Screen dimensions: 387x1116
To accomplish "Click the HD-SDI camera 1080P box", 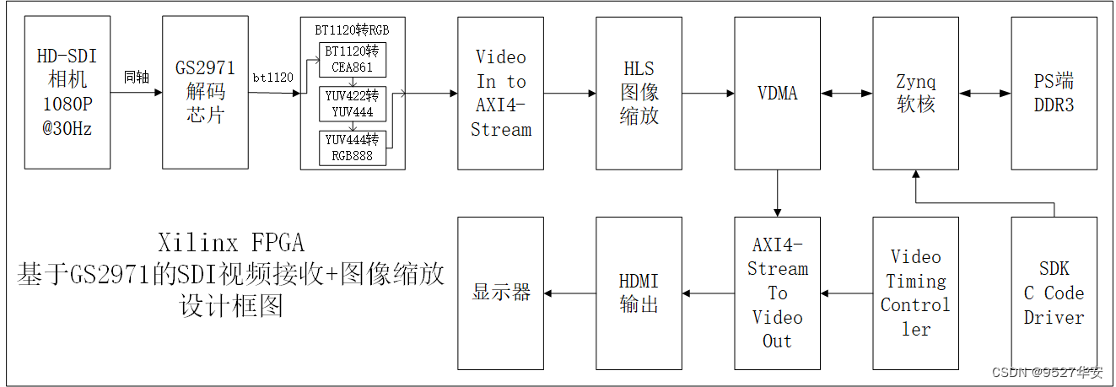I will click(67, 93).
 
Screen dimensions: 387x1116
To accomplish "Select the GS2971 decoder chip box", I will click(205, 93).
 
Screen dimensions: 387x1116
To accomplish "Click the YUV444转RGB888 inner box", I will click(352, 148).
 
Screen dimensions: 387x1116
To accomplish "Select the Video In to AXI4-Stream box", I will click(501, 93).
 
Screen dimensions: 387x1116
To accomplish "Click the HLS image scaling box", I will click(639, 93).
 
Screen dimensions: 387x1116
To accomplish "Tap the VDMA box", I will click(777, 93).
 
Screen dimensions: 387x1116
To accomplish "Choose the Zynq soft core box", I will click(915, 93).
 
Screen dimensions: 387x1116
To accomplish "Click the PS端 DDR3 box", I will click(1054, 93).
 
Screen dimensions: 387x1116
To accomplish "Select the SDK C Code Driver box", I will click(1054, 293).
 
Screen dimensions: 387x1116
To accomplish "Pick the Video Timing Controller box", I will click(915, 293).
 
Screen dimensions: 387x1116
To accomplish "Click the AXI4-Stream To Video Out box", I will click(777, 293).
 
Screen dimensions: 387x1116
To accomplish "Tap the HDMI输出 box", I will click(639, 293).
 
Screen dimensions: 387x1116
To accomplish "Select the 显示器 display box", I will click(501, 293).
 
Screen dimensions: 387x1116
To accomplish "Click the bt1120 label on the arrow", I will click(273, 78).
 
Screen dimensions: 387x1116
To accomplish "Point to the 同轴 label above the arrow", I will click(136, 78).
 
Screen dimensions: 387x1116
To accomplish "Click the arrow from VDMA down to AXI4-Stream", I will click(777, 193).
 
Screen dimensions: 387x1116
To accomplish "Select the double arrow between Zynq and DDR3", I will click(984, 93).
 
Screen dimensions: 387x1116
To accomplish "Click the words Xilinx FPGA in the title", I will click(230, 243).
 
